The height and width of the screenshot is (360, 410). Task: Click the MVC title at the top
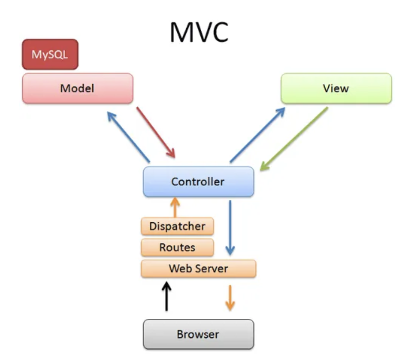(x=199, y=32)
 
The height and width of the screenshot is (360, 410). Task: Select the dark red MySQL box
(x=50, y=54)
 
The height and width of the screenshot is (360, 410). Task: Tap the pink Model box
(x=78, y=88)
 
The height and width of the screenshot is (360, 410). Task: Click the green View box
(x=336, y=88)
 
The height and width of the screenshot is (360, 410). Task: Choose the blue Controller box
(x=198, y=181)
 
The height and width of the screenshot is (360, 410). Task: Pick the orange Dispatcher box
(x=177, y=226)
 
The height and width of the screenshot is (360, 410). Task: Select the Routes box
(x=177, y=247)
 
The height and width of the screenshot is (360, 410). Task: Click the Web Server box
(x=199, y=268)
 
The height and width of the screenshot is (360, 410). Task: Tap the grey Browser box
(x=198, y=334)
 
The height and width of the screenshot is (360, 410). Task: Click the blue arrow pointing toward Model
(x=128, y=137)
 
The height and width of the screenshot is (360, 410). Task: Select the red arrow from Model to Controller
(x=156, y=132)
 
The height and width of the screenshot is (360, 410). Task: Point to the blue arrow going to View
(x=257, y=135)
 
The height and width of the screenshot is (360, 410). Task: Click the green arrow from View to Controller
(x=294, y=139)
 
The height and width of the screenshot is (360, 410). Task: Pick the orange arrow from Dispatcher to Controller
(x=175, y=207)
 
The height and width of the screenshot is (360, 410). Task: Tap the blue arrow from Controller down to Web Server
(x=230, y=228)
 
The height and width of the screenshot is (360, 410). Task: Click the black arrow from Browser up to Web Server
(x=166, y=296)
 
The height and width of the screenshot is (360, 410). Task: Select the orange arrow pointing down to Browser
(x=230, y=298)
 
